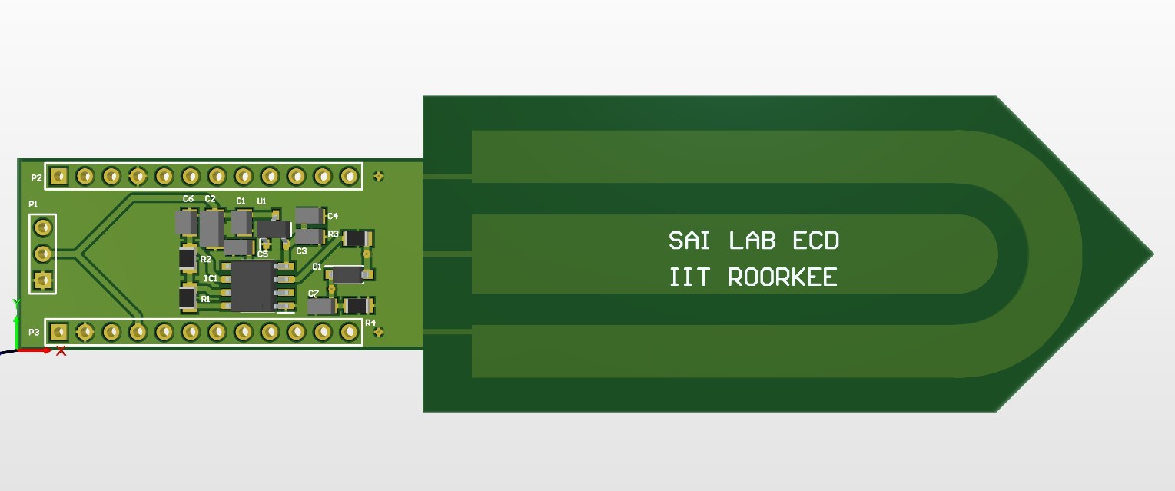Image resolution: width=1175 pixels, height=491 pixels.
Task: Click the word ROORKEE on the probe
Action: point(782,277)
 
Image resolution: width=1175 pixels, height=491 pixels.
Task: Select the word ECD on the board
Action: point(815,241)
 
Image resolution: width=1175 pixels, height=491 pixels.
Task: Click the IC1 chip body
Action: point(253,286)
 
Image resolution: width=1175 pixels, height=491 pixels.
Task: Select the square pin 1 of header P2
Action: point(59,176)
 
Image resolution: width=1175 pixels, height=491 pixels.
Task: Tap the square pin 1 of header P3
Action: point(59,332)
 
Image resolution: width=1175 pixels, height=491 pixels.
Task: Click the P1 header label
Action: point(33,204)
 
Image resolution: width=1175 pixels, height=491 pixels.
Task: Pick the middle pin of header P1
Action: point(44,253)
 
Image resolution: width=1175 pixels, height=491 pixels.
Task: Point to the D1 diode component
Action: point(348,274)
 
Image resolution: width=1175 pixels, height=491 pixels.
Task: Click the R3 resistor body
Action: point(356,238)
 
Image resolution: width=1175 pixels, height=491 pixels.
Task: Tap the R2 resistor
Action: point(188,258)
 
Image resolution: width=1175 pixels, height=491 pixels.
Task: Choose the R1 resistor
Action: point(188,297)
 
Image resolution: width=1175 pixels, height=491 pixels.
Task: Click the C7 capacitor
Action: point(321,306)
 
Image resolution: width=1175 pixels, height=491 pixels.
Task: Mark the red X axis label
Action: point(61,351)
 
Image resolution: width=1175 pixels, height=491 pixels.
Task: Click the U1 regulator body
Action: point(272,228)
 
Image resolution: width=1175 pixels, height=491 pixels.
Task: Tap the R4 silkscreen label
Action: point(370,323)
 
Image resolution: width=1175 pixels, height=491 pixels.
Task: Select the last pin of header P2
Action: point(350,176)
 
